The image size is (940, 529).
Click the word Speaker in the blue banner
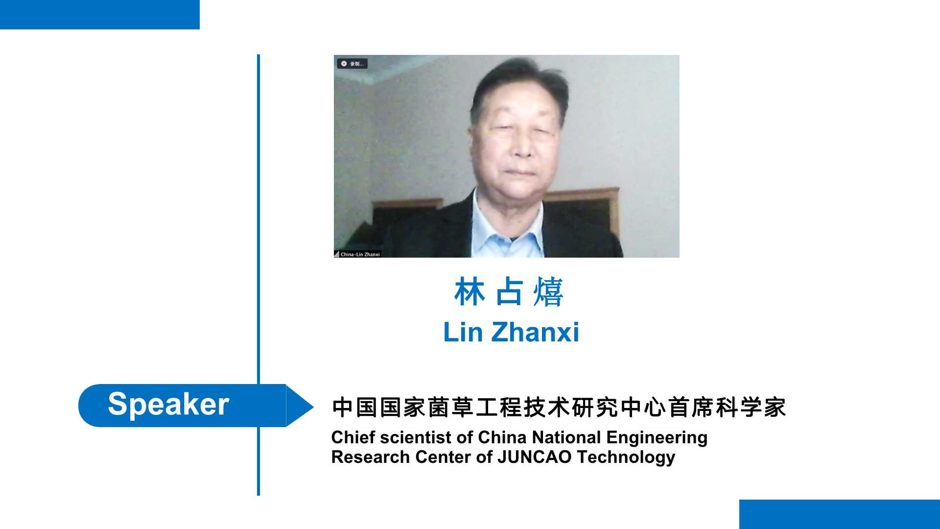168,405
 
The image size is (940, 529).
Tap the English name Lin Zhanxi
511,332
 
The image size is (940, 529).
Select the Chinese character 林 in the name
470,292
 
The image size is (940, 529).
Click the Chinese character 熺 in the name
548,292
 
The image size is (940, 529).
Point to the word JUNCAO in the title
535,457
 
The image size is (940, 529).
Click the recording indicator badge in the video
352,64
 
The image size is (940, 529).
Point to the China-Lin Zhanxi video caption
357,254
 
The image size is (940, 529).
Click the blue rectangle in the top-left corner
100,15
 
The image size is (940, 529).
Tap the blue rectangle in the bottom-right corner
840,514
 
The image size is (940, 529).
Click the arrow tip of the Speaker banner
313,406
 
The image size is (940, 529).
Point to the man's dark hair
519,83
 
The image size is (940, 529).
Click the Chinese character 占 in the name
509,292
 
